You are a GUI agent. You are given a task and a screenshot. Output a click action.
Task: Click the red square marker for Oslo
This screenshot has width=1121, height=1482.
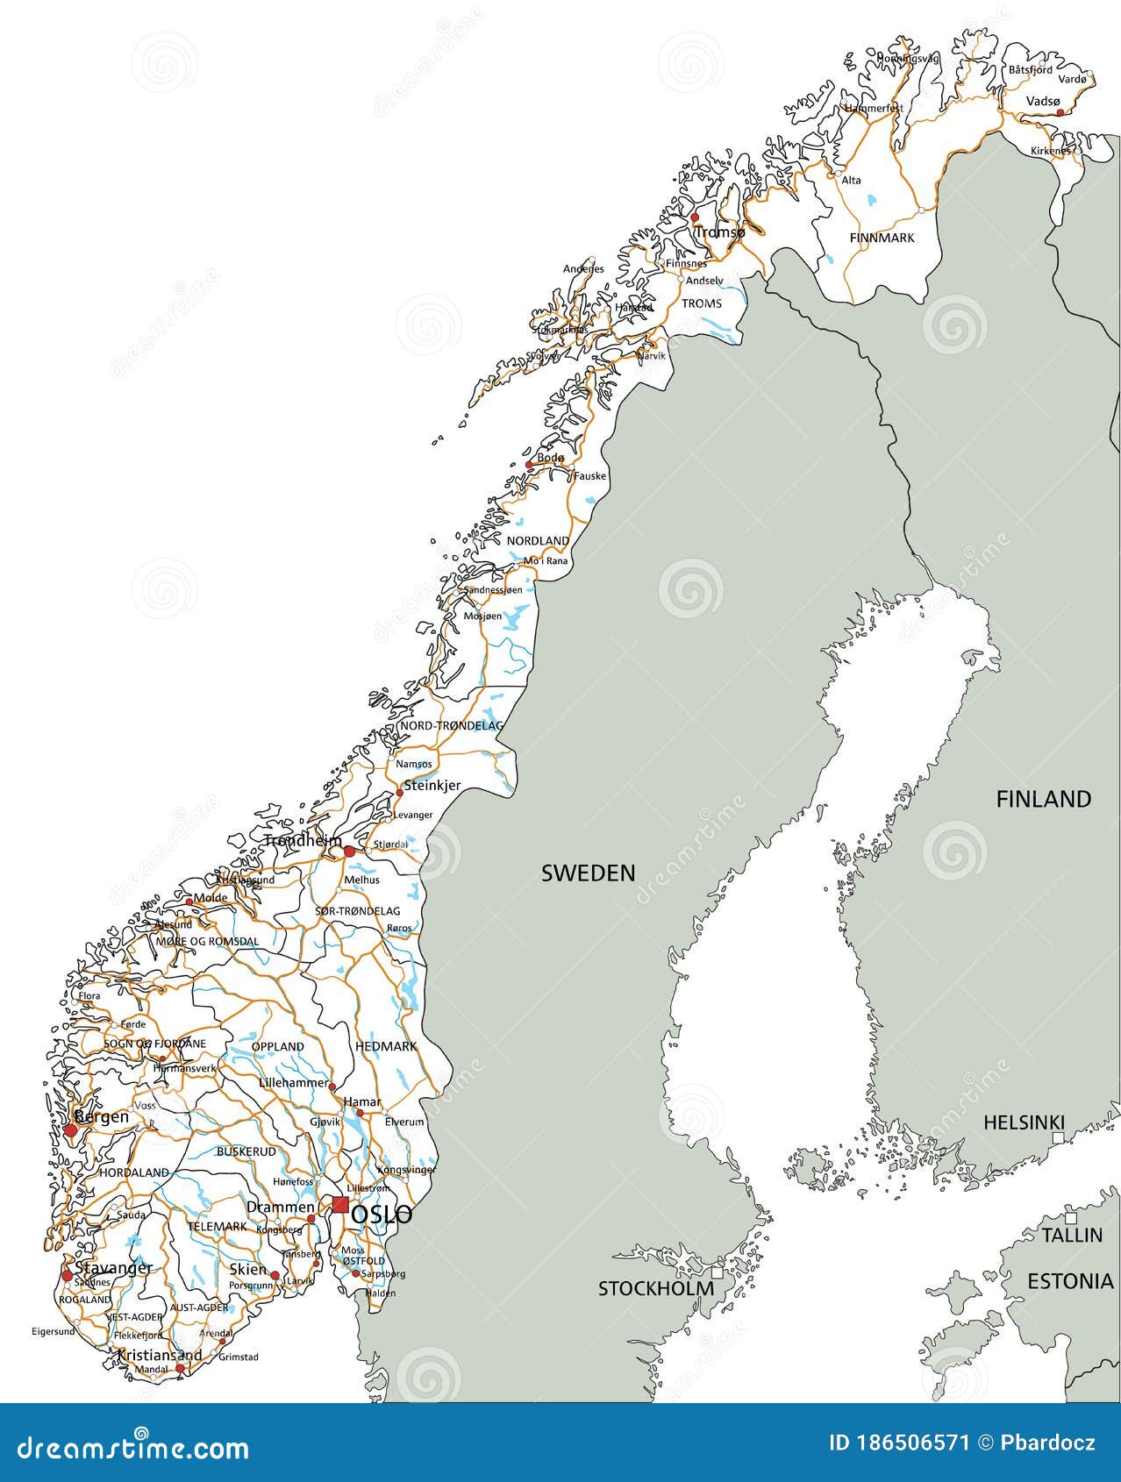(x=340, y=1205)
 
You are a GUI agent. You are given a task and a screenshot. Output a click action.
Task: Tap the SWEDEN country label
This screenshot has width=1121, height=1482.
(x=588, y=873)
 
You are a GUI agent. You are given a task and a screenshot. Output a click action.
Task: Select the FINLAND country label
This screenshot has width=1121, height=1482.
(x=1043, y=799)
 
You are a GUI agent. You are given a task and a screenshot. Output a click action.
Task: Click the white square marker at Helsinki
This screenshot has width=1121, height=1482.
(x=1059, y=1137)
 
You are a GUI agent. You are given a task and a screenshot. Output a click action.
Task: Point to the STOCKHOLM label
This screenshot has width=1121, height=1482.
(x=655, y=1288)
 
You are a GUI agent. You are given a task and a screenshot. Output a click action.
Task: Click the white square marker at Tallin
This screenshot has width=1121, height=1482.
(x=1070, y=1218)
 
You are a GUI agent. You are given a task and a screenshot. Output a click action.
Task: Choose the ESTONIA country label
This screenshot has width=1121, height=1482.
(x=1069, y=1281)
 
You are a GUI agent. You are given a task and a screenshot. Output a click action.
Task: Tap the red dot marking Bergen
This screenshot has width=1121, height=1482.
(x=70, y=1132)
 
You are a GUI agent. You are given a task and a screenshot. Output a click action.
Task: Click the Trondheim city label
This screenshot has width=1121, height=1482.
(x=303, y=841)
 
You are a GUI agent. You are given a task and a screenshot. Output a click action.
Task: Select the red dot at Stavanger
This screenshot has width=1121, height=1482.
(x=67, y=1276)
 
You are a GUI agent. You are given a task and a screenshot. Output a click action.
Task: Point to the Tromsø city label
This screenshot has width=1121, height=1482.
(x=719, y=232)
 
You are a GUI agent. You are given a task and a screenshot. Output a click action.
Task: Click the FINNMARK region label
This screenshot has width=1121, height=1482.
(x=882, y=238)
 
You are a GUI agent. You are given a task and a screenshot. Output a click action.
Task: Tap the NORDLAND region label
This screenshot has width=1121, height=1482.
(x=538, y=541)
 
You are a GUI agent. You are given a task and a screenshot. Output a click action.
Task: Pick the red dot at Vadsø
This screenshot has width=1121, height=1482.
(x=1060, y=112)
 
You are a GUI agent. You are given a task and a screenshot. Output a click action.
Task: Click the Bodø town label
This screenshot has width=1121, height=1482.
(x=551, y=458)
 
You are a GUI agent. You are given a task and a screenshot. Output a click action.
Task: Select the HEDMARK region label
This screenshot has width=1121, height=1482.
(x=386, y=1046)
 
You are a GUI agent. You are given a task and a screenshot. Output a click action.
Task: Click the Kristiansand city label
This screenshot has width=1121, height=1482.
(x=160, y=1355)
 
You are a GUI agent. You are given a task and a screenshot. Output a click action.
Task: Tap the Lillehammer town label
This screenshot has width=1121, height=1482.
(x=293, y=1083)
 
